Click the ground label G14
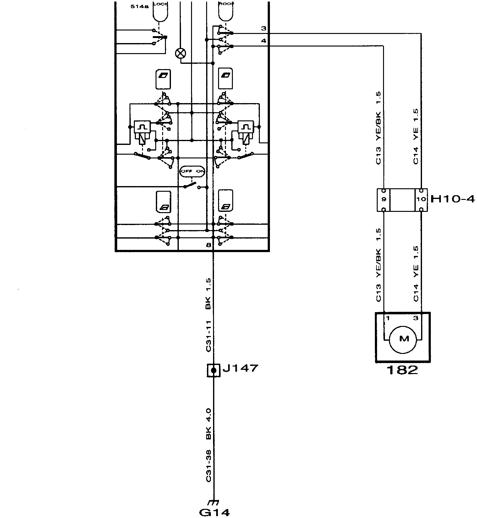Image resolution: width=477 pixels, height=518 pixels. coord(214,512)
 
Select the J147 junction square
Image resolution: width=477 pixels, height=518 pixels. coord(214,370)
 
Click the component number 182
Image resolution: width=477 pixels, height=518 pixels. coord(402,370)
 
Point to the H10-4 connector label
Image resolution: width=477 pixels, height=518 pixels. coord(452,199)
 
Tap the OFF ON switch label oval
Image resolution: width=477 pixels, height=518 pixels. coord(192,171)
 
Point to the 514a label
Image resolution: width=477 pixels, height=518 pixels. coord(140,6)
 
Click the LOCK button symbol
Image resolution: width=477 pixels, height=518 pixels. coord(160,11)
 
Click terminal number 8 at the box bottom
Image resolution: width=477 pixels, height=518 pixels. coord(209,245)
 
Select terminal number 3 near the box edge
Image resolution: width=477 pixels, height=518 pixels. coord(263,29)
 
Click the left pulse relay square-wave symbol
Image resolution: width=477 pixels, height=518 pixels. coord(142,127)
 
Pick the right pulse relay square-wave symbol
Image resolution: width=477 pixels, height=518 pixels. coord(246,127)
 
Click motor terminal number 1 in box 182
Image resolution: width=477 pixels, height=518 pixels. coord(388,318)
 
